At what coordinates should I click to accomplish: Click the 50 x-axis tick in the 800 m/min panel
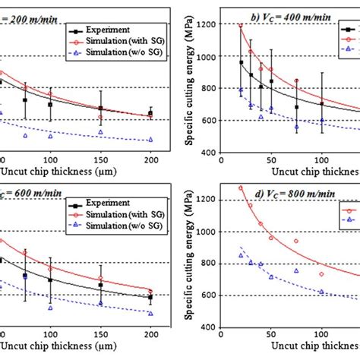271,336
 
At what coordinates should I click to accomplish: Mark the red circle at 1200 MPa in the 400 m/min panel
241,25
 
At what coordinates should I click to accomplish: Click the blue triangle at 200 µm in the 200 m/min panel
150,140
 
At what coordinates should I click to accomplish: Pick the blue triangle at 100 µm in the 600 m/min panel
50,308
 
